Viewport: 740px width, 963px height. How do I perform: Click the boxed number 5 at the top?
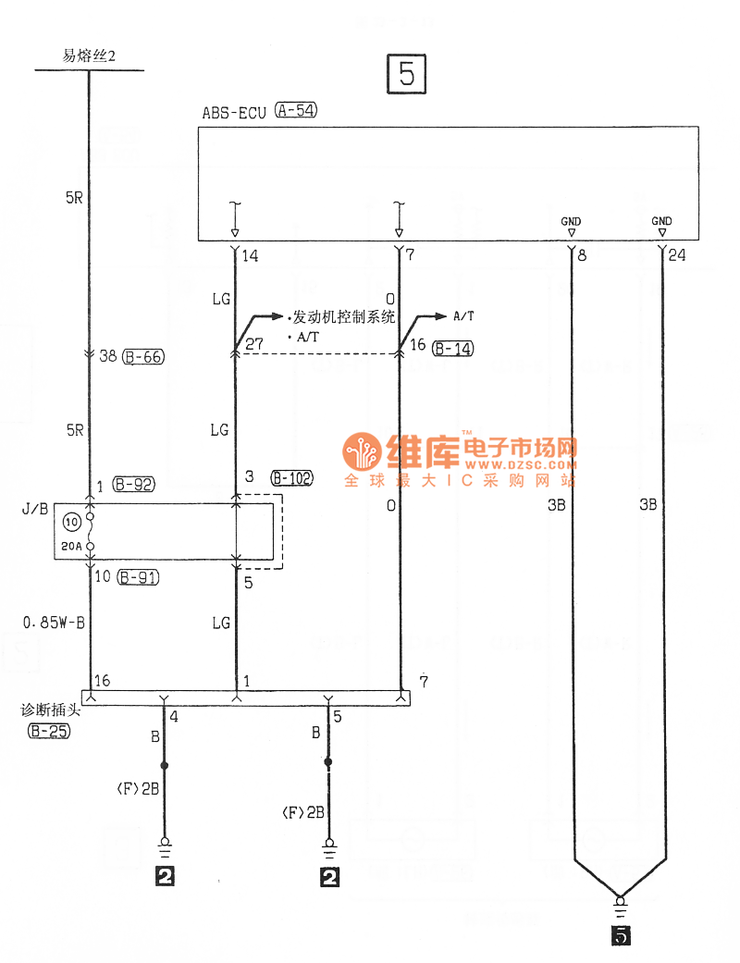407,74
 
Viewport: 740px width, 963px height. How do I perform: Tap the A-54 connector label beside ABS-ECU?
296,113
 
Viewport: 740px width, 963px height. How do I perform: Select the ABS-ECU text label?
234,113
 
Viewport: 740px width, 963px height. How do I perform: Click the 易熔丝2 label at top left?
88,56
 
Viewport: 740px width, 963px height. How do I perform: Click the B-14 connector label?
453,348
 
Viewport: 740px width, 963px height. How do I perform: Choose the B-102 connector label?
291,478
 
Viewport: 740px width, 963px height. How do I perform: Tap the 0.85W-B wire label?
55,623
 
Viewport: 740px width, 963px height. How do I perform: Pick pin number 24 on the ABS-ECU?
677,255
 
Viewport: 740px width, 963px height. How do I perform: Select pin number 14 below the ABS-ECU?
250,255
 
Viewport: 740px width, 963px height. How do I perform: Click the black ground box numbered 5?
621,936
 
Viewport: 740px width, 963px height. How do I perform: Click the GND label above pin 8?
571,221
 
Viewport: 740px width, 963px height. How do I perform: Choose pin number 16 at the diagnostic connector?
102,680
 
